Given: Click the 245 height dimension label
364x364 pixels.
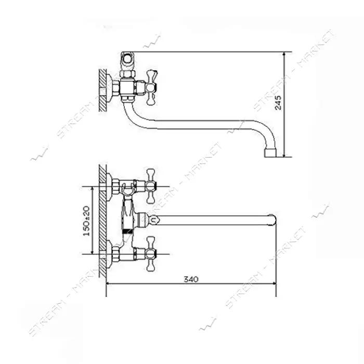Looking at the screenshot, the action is point(278,102).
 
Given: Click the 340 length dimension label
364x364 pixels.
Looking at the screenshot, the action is point(191,279).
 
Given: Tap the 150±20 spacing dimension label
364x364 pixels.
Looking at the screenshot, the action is point(87,220).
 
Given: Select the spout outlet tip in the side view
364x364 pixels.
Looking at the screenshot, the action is point(270,153).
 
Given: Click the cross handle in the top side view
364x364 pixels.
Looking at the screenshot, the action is point(150,87).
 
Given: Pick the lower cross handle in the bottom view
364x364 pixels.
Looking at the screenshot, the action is point(150,254).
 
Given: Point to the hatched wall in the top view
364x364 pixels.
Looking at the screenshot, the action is point(102,90).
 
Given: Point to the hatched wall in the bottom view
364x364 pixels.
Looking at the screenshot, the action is point(102,221).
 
